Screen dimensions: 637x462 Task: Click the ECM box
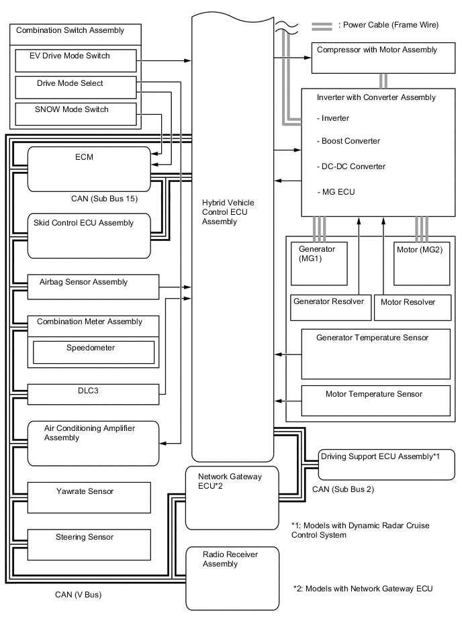[87, 169]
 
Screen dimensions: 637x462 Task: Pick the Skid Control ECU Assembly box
[87, 234]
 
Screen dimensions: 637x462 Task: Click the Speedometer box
[93, 352]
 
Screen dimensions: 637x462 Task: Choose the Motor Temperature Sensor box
[375, 401]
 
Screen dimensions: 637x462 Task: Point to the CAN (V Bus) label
[79, 594]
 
